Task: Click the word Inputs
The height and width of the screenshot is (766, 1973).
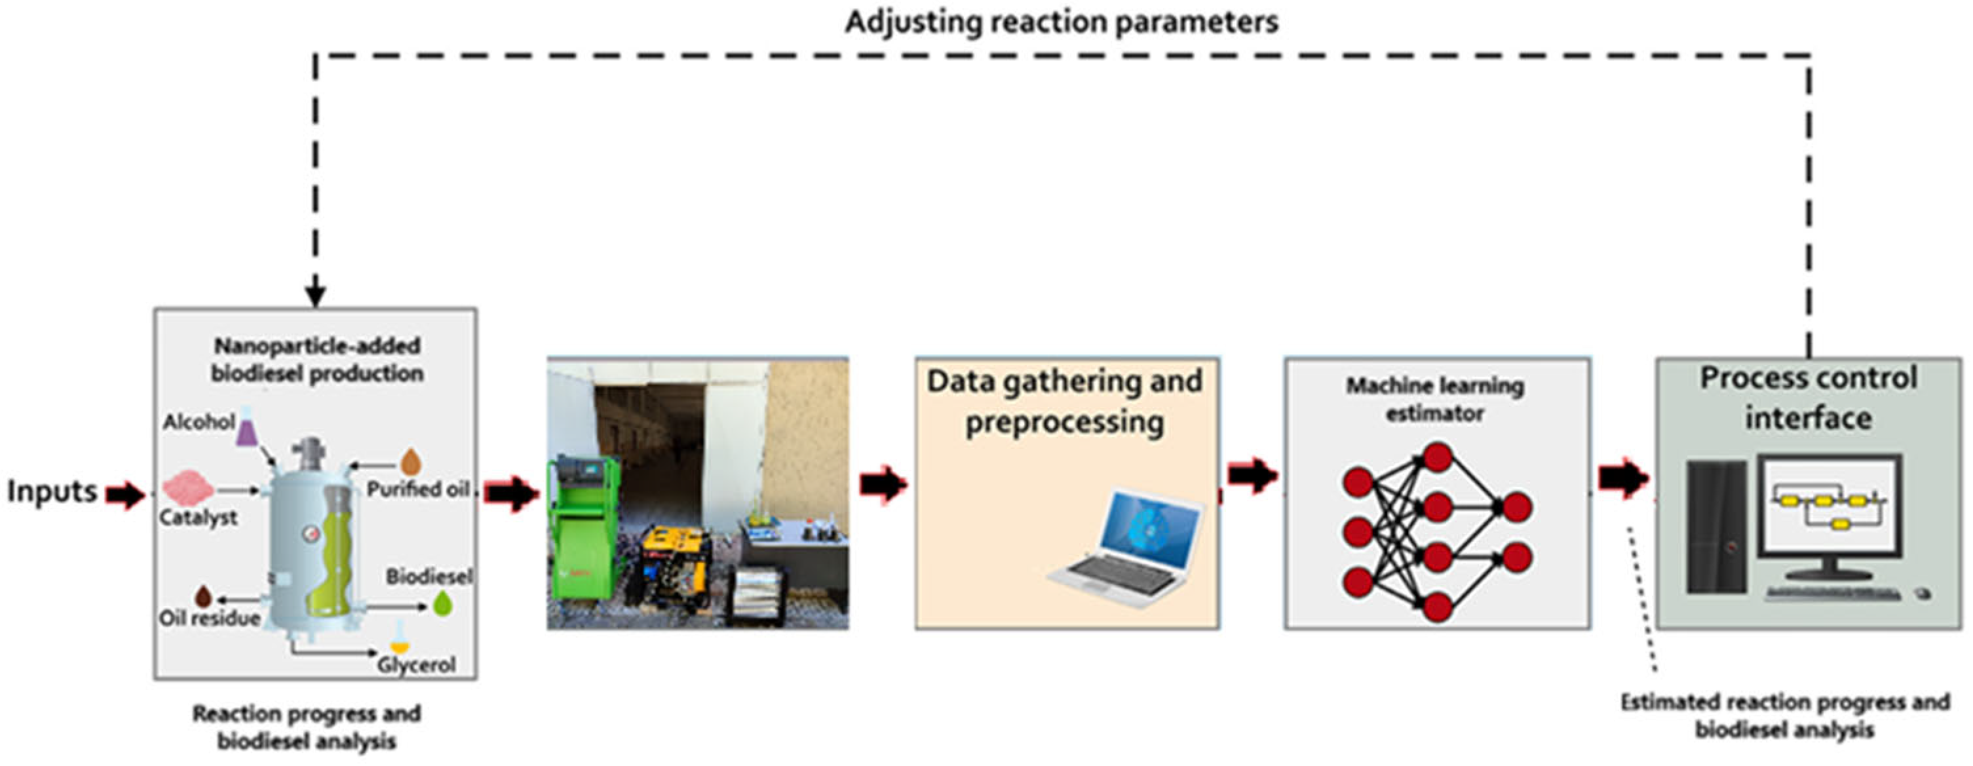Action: pyautogui.click(x=51, y=491)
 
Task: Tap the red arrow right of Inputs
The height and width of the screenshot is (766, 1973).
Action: pyautogui.click(x=125, y=495)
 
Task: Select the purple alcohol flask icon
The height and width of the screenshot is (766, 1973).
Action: pyautogui.click(x=246, y=427)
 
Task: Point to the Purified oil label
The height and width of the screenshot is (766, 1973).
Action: pyautogui.click(x=418, y=489)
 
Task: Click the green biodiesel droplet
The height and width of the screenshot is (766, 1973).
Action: pyautogui.click(x=443, y=604)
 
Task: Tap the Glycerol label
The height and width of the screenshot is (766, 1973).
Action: pyautogui.click(x=416, y=664)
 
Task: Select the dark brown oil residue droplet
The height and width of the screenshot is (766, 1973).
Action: pyautogui.click(x=204, y=596)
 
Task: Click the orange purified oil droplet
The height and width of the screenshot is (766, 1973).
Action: pyautogui.click(x=412, y=462)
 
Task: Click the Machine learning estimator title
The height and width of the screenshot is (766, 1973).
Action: pyautogui.click(x=1434, y=399)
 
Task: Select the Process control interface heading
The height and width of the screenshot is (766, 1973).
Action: pyautogui.click(x=1809, y=398)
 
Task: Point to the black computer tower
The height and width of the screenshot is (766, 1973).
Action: pyautogui.click(x=1716, y=526)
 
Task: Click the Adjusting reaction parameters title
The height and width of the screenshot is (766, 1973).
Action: pyautogui.click(x=1062, y=22)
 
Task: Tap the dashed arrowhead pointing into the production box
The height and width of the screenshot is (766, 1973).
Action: pyautogui.click(x=315, y=296)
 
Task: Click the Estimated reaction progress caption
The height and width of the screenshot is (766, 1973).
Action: pyautogui.click(x=1784, y=715)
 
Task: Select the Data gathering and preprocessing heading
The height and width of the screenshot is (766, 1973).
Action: pyautogui.click(x=1064, y=402)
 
